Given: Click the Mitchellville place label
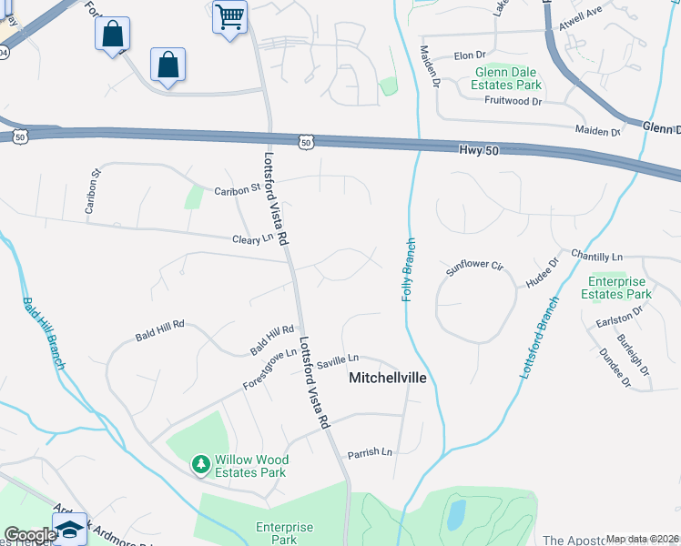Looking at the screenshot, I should tap(389, 377).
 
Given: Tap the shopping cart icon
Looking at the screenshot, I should tap(229, 15).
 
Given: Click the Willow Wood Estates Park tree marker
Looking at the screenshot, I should tap(199, 465).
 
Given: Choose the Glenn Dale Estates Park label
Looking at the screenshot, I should tap(506, 78).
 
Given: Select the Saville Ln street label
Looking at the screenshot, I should tap(338, 359).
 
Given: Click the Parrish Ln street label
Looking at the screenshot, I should tap(369, 452).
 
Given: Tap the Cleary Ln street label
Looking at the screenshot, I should tap(252, 238).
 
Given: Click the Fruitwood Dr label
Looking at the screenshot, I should tap(513, 101).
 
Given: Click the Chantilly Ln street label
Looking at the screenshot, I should tap(596, 257).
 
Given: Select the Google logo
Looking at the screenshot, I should tap(30, 535).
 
